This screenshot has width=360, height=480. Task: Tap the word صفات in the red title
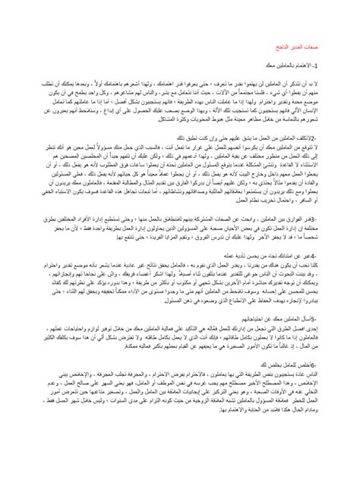[320, 47]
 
